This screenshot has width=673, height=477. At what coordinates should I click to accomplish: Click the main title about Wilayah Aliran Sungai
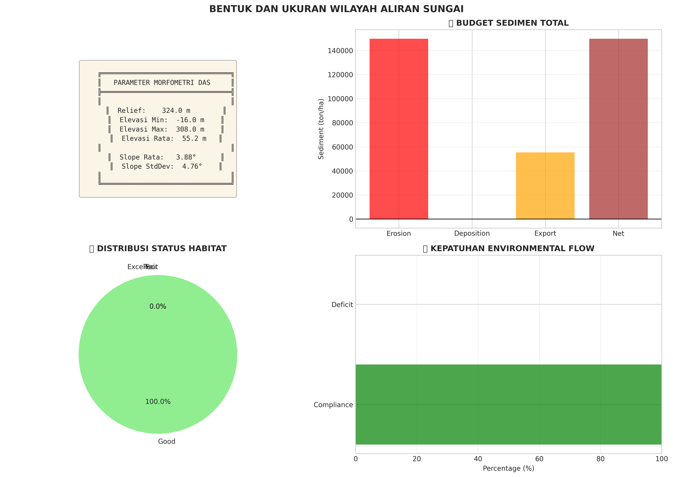click(x=336, y=9)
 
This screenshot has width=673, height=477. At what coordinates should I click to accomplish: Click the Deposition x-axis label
click(x=472, y=234)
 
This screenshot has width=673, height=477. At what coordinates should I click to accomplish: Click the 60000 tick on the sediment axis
click(x=342, y=147)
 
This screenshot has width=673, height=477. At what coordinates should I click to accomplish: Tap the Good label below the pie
click(x=167, y=441)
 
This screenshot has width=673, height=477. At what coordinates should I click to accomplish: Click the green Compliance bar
click(x=508, y=405)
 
